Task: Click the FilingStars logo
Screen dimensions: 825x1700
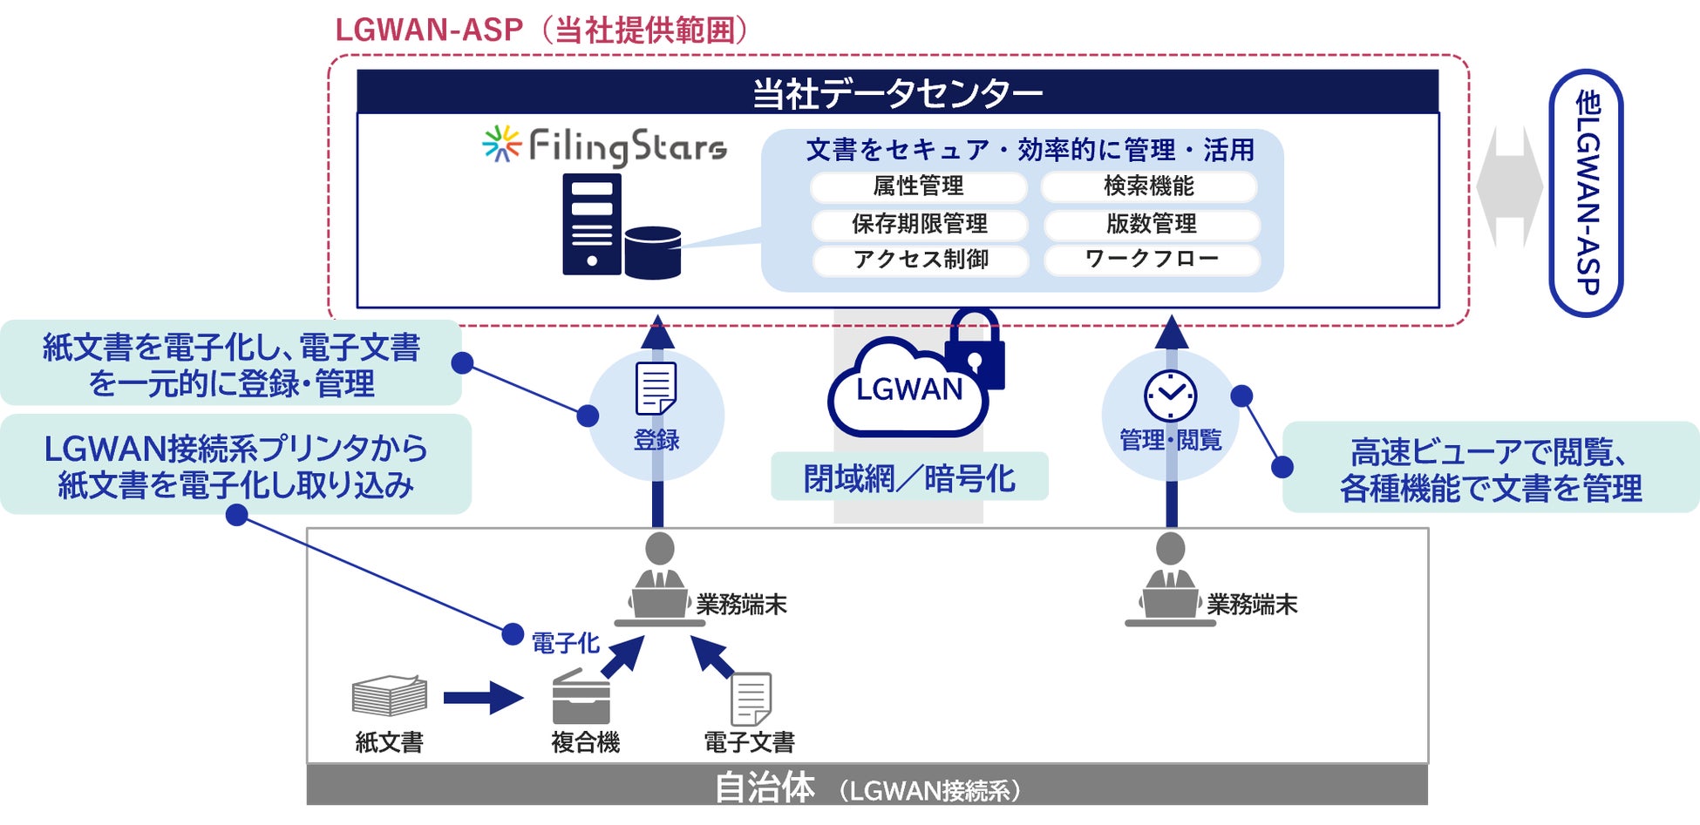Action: (x=605, y=146)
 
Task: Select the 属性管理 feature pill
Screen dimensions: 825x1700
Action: (x=919, y=186)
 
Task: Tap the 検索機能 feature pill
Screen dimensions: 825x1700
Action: (x=1149, y=186)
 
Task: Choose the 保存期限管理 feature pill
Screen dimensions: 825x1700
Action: (x=920, y=224)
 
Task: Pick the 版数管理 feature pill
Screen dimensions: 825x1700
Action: (x=1152, y=224)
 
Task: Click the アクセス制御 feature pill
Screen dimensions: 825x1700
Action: (x=921, y=260)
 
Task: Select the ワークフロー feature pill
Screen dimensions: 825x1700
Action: (x=1152, y=260)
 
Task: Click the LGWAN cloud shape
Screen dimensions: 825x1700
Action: (x=907, y=389)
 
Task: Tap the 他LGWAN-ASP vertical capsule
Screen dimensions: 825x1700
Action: (x=1586, y=193)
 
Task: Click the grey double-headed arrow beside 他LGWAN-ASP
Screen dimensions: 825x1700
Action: (x=1510, y=186)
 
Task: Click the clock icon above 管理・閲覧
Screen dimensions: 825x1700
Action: (x=1170, y=396)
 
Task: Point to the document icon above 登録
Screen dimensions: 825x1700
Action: (x=656, y=389)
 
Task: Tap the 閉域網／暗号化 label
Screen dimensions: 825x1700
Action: (x=909, y=477)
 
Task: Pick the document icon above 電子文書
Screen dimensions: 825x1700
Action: (x=751, y=698)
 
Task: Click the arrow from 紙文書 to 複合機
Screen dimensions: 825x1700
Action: (x=482, y=698)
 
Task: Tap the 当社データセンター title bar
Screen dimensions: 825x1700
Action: (x=897, y=92)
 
